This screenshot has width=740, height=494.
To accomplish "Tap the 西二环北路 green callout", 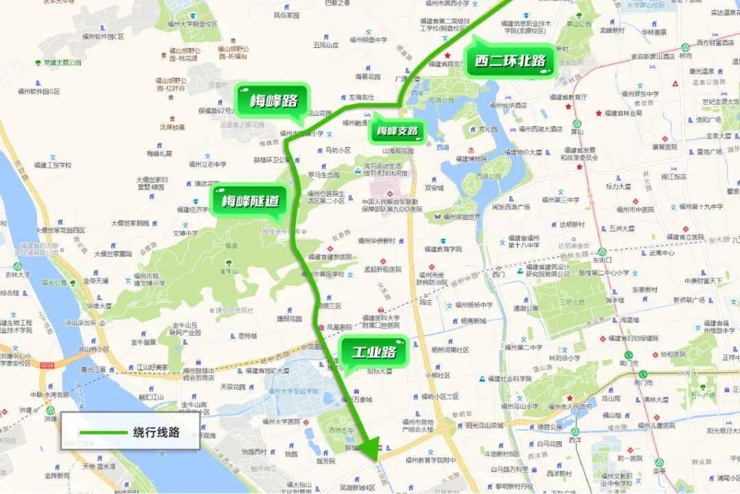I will pyautogui.click(x=510, y=61).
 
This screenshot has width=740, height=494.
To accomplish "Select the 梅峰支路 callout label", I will pyautogui.click(x=396, y=131).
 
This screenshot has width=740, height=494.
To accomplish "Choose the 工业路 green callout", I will pyautogui.click(x=374, y=353).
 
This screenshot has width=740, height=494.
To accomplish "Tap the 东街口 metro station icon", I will pyautogui.click(x=601, y=251).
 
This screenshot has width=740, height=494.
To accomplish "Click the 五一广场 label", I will pyautogui.click(x=702, y=395).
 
